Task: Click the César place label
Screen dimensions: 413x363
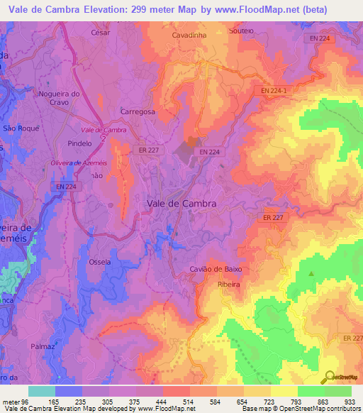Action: [102, 33]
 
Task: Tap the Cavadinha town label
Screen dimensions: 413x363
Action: [189, 34]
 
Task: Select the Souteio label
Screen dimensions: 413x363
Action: [242, 32]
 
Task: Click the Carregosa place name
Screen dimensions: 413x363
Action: [138, 112]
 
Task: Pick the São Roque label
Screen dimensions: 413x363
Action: [20, 128]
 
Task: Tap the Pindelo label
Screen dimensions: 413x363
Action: [80, 143]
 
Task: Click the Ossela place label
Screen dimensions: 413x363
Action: [99, 262]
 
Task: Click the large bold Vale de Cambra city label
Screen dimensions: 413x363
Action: [181, 202]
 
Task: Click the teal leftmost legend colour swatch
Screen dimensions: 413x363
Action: [41, 391]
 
